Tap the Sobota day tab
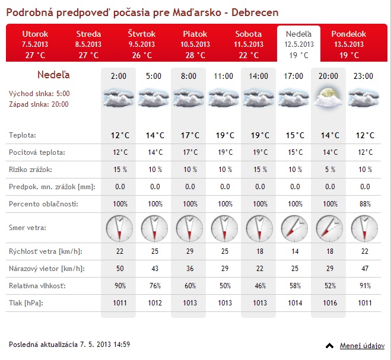pos(248,43)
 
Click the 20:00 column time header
pos(328,76)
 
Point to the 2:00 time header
pos(118,76)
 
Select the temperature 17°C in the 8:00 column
pos(189,135)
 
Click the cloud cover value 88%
pos(363,204)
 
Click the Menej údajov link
pos(362,345)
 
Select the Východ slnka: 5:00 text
pos(39,93)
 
